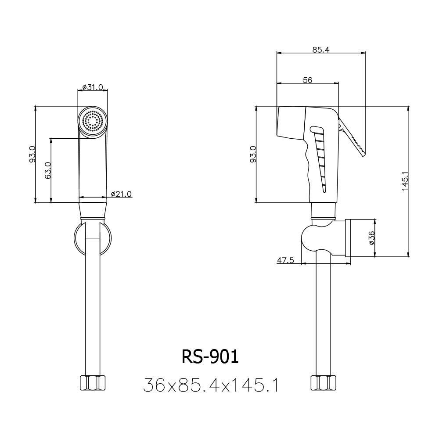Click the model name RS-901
210,357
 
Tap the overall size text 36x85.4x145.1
211,385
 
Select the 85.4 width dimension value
321,50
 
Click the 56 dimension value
307,80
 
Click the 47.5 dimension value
285,260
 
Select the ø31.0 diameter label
92,87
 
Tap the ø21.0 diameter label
121,194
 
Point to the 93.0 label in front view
32,155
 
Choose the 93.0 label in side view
253,155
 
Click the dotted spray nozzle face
93,121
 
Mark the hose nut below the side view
322,383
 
